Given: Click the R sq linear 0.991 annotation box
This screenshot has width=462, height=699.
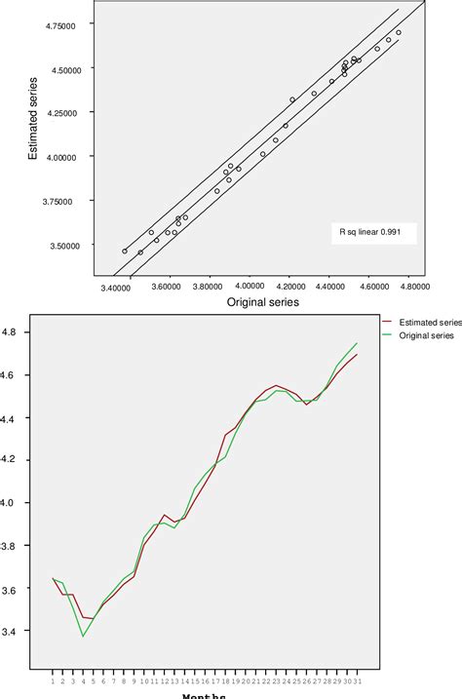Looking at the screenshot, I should [373, 232].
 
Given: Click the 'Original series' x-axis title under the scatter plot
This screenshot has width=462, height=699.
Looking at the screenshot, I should [264, 303].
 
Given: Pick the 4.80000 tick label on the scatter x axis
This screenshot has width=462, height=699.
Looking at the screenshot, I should [415, 288].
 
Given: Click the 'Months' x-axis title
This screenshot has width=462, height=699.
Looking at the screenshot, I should [205, 695].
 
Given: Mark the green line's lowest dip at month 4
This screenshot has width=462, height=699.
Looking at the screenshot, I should [84, 637].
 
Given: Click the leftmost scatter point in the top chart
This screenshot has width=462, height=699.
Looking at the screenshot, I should [125, 251].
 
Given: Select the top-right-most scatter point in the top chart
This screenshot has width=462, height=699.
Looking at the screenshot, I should [399, 32].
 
